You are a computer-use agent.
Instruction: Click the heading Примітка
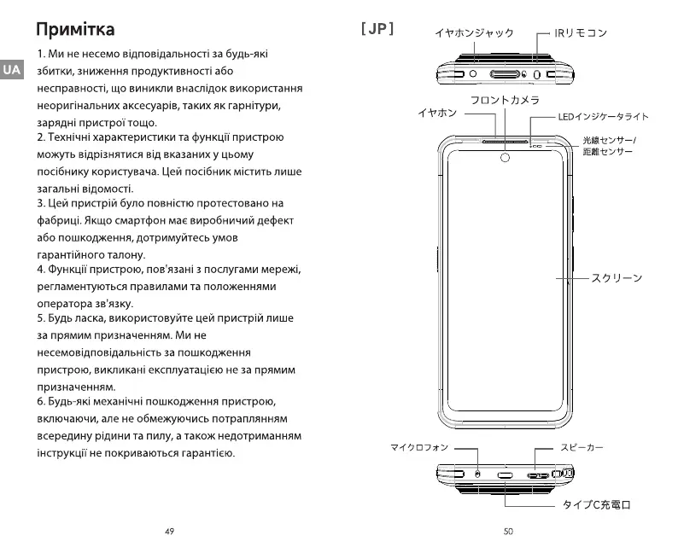pyautogui.click(x=75, y=30)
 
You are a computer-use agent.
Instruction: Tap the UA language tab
pyautogui.click(x=11, y=70)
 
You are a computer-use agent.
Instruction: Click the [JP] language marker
pyautogui.click(x=377, y=29)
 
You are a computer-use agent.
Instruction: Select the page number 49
pyautogui.click(x=169, y=531)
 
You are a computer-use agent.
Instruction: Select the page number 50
pyautogui.click(x=508, y=531)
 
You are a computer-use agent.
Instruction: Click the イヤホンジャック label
pyautogui.click(x=474, y=33)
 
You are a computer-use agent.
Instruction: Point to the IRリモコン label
pyautogui.click(x=581, y=33)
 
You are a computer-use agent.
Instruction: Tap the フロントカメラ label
pyautogui.click(x=505, y=101)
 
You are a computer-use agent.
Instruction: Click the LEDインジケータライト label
pyautogui.click(x=603, y=117)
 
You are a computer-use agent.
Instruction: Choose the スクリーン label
pyautogui.click(x=617, y=278)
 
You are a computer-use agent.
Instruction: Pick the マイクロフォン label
pyautogui.click(x=419, y=446)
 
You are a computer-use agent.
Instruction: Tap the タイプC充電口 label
pyautogui.click(x=596, y=505)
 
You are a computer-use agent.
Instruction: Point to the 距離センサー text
pyautogui.click(x=607, y=152)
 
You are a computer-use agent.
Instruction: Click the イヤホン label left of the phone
pyautogui.click(x=437, y=113)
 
